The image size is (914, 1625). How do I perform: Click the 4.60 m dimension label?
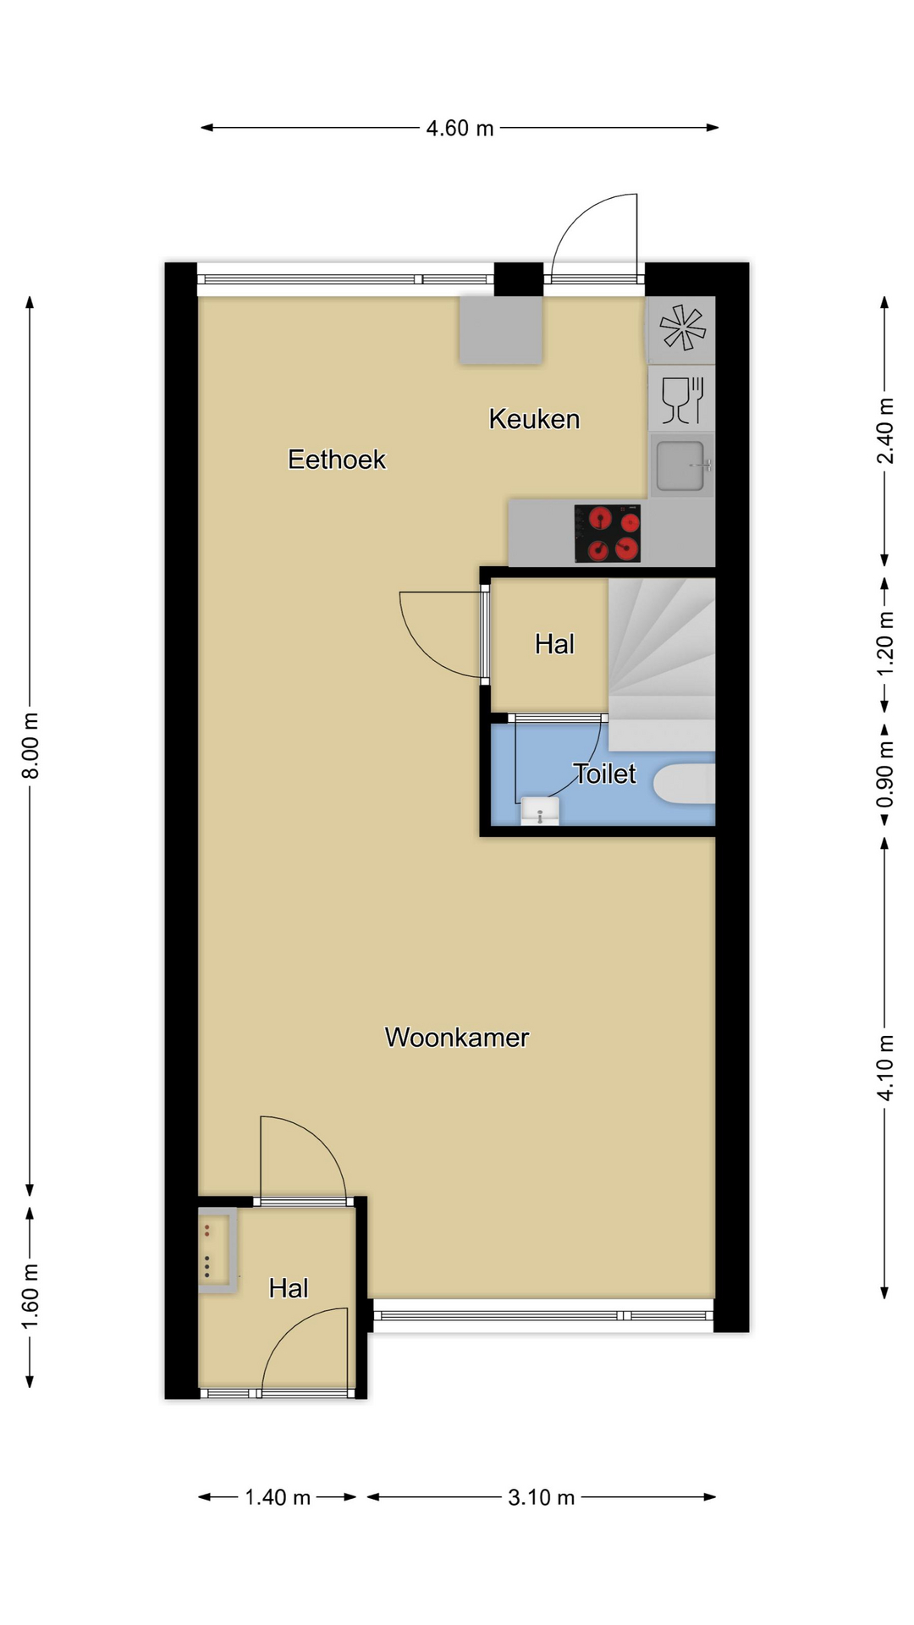(x=460, y=128)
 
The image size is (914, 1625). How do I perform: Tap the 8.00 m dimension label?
(x=30, y=746)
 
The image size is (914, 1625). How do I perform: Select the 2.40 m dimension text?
(x=884, y=431)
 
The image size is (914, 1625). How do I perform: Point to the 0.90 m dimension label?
(x=884, y=775)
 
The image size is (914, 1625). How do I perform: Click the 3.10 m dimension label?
(x=542, y=1497)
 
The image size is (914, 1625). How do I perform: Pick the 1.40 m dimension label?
(x=278, y=1497)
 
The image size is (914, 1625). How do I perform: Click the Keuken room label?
(x=534, y=419)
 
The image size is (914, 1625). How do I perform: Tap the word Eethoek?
(x=337, y=460)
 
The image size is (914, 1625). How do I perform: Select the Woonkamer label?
(x=457, y=1038)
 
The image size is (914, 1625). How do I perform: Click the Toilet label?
(x=604, y=774)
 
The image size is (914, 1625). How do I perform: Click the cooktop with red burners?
(x=608, y=534)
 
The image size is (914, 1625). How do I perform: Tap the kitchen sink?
(x=681, y=465)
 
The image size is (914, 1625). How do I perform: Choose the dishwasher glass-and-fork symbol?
(x=682, y=399)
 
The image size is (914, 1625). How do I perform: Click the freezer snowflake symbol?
(x=682, y=328)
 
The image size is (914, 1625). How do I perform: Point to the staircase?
(x=662, y=664)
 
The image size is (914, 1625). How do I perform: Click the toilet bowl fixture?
(x=685, y=784)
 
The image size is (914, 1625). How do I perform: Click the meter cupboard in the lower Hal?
(x=217, y=1250)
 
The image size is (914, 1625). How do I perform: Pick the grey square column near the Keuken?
(x=501, y=330)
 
